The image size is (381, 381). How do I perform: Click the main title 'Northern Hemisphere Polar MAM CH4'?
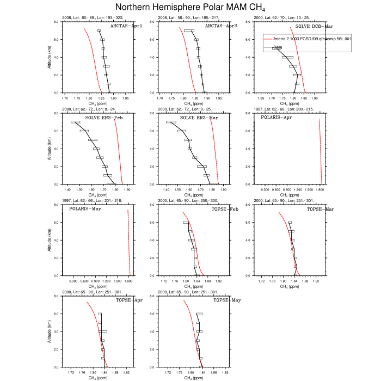(191, 7)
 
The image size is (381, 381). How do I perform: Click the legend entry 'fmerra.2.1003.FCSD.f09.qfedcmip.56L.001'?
(308, 39)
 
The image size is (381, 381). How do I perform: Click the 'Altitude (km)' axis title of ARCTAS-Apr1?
(49, 57)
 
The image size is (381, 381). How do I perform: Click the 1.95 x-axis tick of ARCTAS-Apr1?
(125, 99)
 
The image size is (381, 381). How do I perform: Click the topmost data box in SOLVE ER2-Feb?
(75, 122)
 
